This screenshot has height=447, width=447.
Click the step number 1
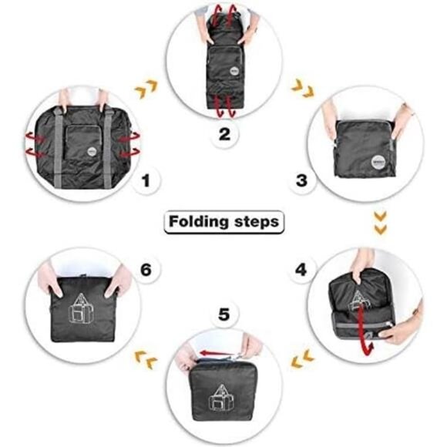[146, 180]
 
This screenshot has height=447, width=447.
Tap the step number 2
[224, 134]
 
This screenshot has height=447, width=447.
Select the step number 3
[301, 180]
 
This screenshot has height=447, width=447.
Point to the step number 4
[301, 270]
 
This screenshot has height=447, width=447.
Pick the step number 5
[223, 314]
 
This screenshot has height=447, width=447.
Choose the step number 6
[146, 270]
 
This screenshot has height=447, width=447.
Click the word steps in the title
[257, 222]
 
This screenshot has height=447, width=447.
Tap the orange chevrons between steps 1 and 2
[146, 89]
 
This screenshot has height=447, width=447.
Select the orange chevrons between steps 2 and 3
[303, 88]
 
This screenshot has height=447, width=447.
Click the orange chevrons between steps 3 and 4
[380, 223]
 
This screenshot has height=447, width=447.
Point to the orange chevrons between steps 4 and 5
[302, 358]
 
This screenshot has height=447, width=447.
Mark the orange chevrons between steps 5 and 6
[146, 359]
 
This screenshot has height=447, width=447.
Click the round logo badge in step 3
[378, 163]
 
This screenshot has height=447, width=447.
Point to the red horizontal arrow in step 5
[216, 354]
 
